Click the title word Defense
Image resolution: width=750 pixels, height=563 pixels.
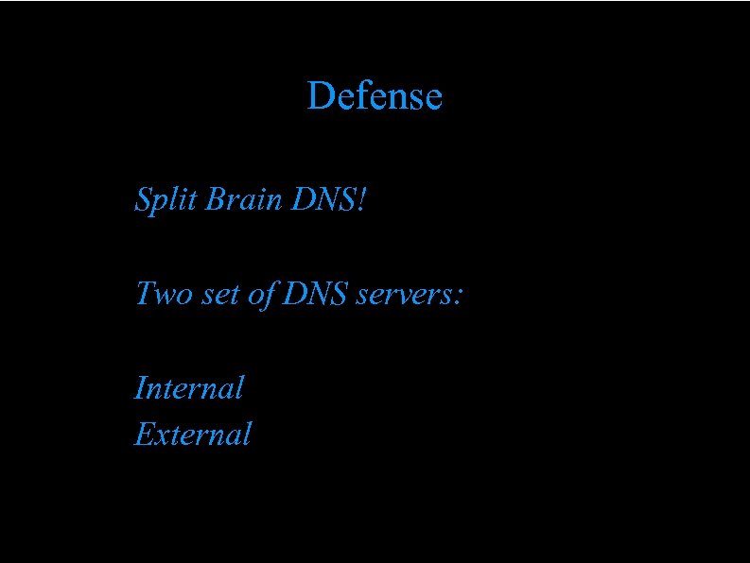tap(375, 95)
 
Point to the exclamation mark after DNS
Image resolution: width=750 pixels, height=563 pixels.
tap(358, 199)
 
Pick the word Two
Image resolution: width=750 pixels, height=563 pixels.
tap(164, 294)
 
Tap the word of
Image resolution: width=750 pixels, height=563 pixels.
tap(264, 295)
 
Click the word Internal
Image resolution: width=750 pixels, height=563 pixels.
tap(189, 387)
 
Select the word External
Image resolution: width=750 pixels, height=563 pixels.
tap(193, 434)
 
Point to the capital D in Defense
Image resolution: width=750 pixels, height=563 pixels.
tap(319, 95)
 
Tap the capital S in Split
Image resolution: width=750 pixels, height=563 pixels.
tap(144, 199)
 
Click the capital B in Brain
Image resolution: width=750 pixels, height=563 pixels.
tap(214, 199)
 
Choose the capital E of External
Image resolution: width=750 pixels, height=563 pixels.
tap(144, 434)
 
